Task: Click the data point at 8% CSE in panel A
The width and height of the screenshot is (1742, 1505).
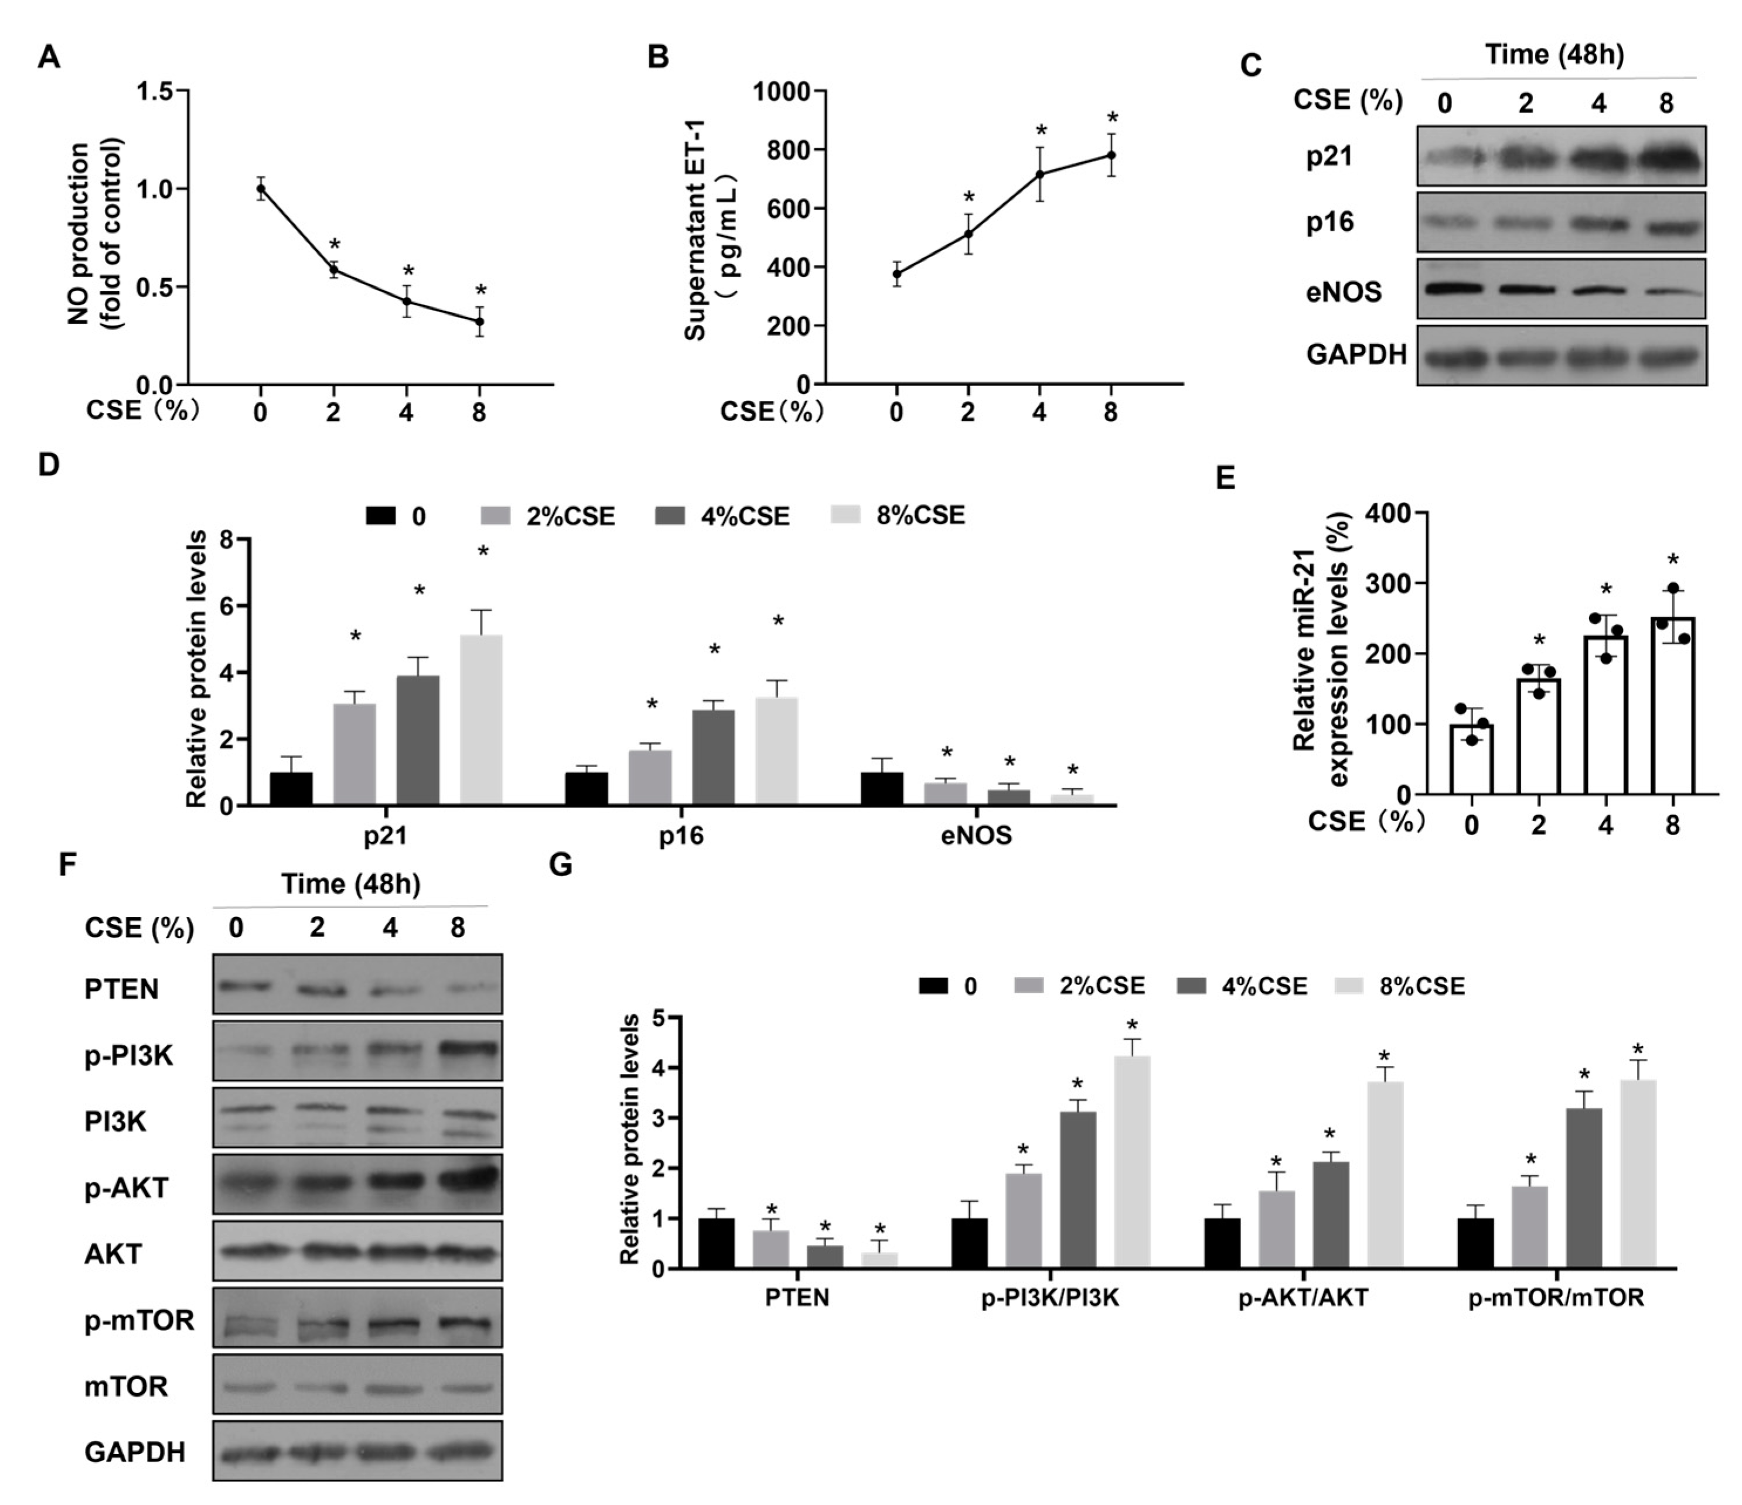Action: (480, 321)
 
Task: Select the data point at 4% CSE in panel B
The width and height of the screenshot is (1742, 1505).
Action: (1040, 174)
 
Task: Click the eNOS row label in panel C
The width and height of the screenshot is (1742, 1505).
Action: (1344, 292)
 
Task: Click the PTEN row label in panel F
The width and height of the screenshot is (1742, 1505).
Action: (121, 989)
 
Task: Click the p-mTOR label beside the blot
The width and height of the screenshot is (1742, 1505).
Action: (139, 1320)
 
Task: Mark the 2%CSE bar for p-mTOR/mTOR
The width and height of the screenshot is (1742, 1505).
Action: (1529, 1227)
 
